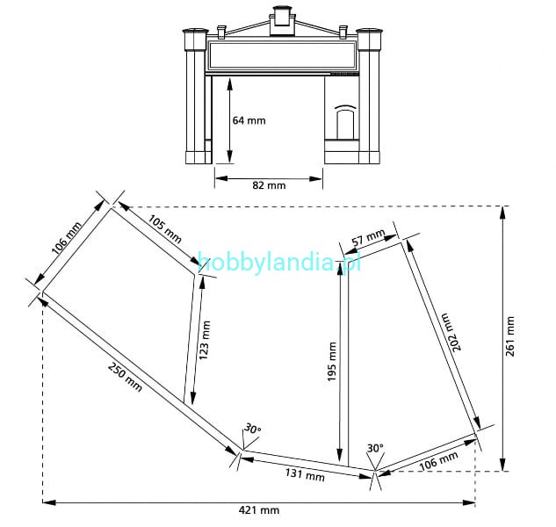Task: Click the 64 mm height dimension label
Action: tap(249, 120)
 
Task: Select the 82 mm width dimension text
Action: tap(269, 185)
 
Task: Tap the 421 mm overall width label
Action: tap(259, 510)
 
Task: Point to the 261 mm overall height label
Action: tap(510, 336)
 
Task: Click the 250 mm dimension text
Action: tap(125, 377)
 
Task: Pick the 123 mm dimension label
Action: tap(205, 341)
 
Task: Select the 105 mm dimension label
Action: tap(164, 229)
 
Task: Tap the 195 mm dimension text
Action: tap(331, 362)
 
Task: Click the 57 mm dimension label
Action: tap(368, 237)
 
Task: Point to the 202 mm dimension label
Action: tap(451, 332)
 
